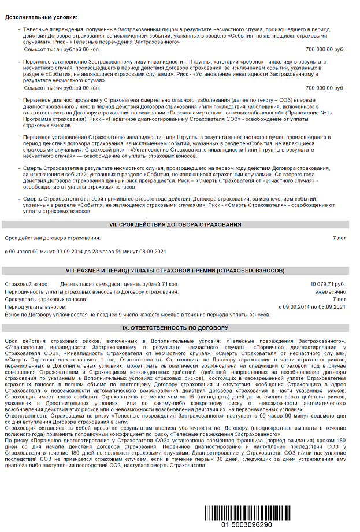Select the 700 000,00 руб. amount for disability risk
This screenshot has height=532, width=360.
(x=325, y=88)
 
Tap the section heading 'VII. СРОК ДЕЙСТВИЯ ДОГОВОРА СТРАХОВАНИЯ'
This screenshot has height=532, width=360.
(x=175, y=224)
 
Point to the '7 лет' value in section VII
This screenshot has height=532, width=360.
(x=339, y=238)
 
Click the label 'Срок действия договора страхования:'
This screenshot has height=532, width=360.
(x=53, y=238)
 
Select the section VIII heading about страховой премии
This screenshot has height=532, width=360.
(x=175, y=271)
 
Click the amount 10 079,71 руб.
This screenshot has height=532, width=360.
(x=328, y=285)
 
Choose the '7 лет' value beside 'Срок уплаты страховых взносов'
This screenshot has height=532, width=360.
(x=339, y=300)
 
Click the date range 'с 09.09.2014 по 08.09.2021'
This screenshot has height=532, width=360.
(x=312, y=307)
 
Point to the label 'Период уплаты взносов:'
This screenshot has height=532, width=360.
(x=35, y=307)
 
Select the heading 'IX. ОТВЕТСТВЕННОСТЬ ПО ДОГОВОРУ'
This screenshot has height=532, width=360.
(x=175, y=327)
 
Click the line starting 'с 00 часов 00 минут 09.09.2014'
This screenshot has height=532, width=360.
(x=86, y=252)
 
